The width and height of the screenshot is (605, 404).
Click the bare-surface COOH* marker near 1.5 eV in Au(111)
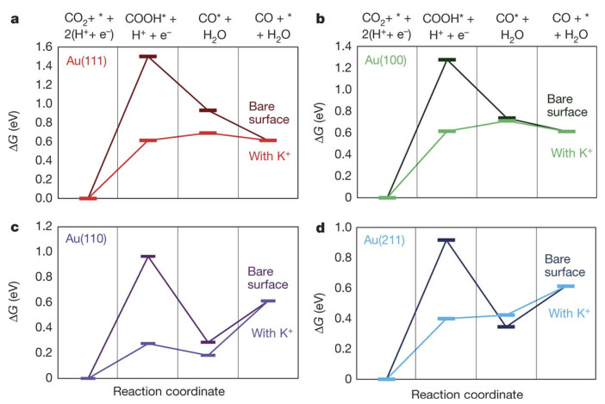(x=147, y=56)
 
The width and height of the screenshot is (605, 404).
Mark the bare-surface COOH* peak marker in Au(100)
(x=446, y=60)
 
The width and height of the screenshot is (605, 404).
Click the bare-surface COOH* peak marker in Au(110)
(x=147, y=257)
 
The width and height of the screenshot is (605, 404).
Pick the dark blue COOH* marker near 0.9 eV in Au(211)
(x=446, y=240)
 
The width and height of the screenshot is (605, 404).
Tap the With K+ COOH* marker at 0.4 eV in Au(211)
(x=446, y=319)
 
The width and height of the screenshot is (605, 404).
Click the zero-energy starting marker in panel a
(x=87, y=198)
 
